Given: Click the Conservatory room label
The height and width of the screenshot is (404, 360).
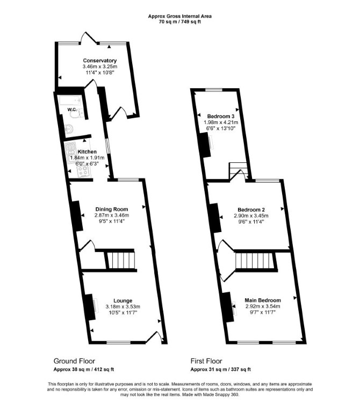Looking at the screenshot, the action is point(100,61).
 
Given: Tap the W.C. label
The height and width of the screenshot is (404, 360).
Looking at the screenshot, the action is point(72,110).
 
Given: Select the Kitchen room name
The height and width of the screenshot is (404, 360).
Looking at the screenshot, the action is point(87,151).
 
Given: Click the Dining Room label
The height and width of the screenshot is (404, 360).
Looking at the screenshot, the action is point(112,209).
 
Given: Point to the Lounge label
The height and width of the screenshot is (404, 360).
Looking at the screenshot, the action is point(123,300).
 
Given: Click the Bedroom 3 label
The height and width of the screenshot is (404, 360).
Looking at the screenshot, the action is point(221,116).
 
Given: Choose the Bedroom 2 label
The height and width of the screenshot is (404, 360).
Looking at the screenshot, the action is point(251,210).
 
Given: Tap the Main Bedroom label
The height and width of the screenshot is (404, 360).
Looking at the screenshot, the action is point(263,300).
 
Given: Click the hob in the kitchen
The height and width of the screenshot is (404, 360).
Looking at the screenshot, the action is point(83,171).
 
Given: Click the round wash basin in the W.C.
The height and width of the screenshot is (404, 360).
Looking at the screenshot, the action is point(69,128).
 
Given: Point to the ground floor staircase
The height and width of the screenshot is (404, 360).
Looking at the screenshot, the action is point(120,260).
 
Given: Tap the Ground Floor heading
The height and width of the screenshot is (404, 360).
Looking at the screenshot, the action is point(74,361).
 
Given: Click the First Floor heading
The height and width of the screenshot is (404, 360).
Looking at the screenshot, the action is point(206,361).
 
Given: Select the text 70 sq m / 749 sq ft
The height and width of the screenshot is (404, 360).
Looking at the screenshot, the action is point(180,21).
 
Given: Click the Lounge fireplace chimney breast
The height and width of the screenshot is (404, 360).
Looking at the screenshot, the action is point(90,307).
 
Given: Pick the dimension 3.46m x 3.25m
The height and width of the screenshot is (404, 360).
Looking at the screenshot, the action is point(100,67).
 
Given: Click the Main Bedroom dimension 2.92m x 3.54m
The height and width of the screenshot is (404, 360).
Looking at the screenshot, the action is point(263,306).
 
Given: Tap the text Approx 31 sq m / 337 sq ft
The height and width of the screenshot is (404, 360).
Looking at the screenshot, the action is point(221,370).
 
